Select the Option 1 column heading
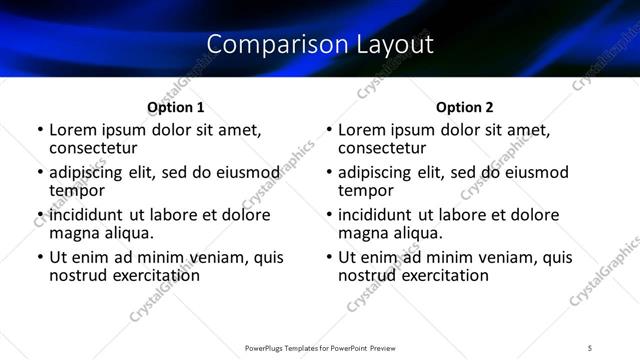point(175,106)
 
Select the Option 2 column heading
point(465,106)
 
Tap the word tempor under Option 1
point(77,190)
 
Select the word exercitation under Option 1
point(144,275)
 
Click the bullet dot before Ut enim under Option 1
point(39,258)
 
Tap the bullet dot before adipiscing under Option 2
point(329,173)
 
